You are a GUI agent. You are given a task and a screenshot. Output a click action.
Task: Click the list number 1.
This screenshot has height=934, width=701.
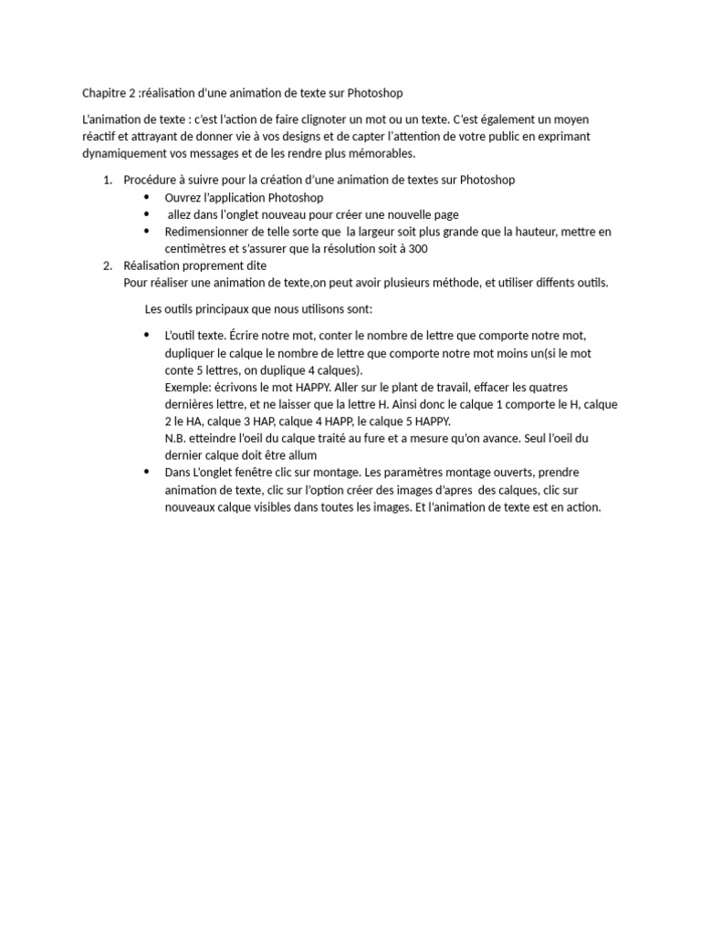pos(107,181)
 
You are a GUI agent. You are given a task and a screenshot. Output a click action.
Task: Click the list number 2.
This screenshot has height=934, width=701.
pos(107,265)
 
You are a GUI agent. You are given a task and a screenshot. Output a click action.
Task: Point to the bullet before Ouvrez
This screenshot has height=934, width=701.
pos(147,197)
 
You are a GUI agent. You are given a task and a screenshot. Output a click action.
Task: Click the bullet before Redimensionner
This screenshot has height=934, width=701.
pos(147,232)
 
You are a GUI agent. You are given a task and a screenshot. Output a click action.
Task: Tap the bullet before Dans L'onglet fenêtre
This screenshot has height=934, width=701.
pos(147,472)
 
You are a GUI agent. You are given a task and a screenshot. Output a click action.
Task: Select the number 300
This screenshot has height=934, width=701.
pos(418,249)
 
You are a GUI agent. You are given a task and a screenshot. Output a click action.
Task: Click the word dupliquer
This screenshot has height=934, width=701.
pos(189,353)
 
